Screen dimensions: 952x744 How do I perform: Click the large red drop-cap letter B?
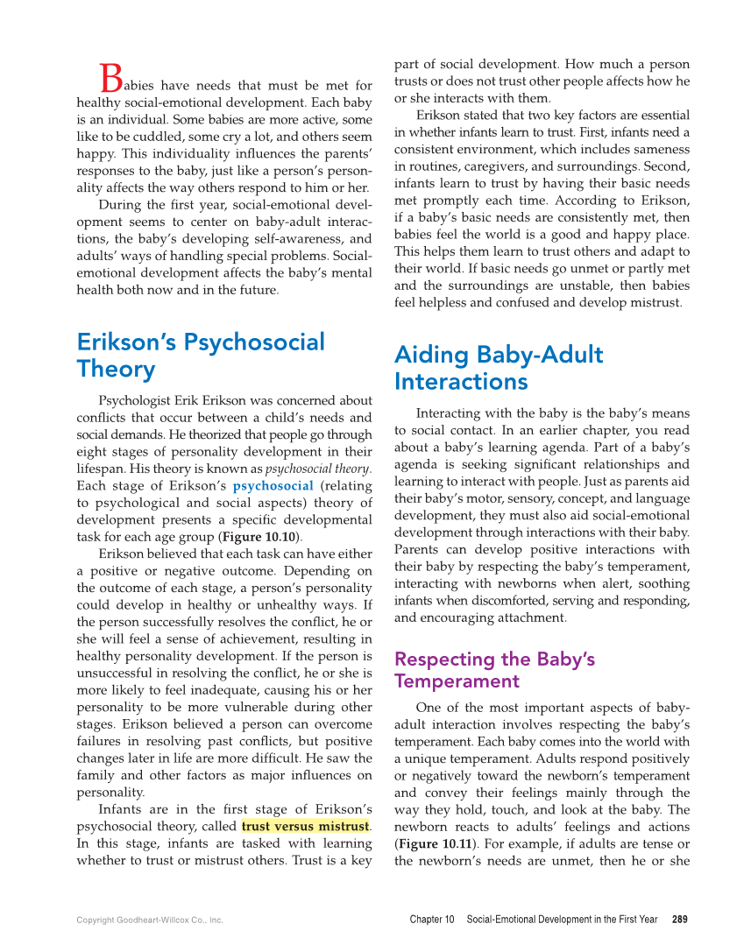[110, 78]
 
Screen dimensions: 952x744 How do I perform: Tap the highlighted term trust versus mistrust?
[305, 826]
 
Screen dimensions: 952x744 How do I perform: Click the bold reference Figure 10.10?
[261, 536]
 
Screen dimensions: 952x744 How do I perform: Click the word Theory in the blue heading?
[116, 370]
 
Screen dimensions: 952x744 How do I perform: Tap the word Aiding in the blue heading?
[433, 355]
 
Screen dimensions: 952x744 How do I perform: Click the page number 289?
[679, 920]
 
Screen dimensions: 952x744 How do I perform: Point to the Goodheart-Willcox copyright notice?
[150, 920]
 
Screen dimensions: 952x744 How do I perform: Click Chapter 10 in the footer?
[432, 920]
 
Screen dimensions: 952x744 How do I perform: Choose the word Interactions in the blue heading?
[461, 382]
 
